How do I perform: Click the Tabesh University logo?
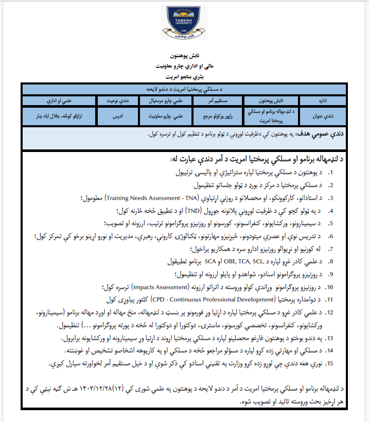pos(184,23)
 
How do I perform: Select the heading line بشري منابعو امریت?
pos(184,76)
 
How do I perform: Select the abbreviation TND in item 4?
pos(194,210)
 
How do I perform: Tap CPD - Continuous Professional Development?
pos(198,299)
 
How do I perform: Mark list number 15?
pos(330,363)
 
